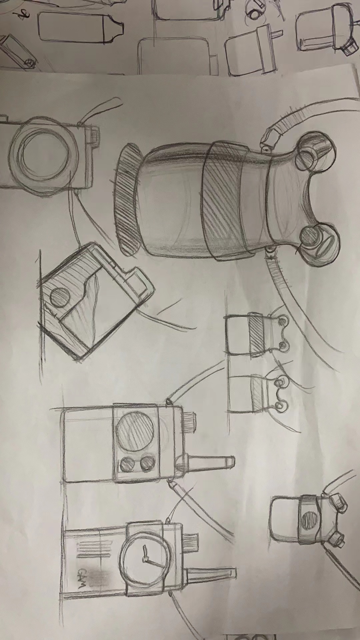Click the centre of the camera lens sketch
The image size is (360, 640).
point(41,154)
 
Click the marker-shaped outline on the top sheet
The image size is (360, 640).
point(80,27)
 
